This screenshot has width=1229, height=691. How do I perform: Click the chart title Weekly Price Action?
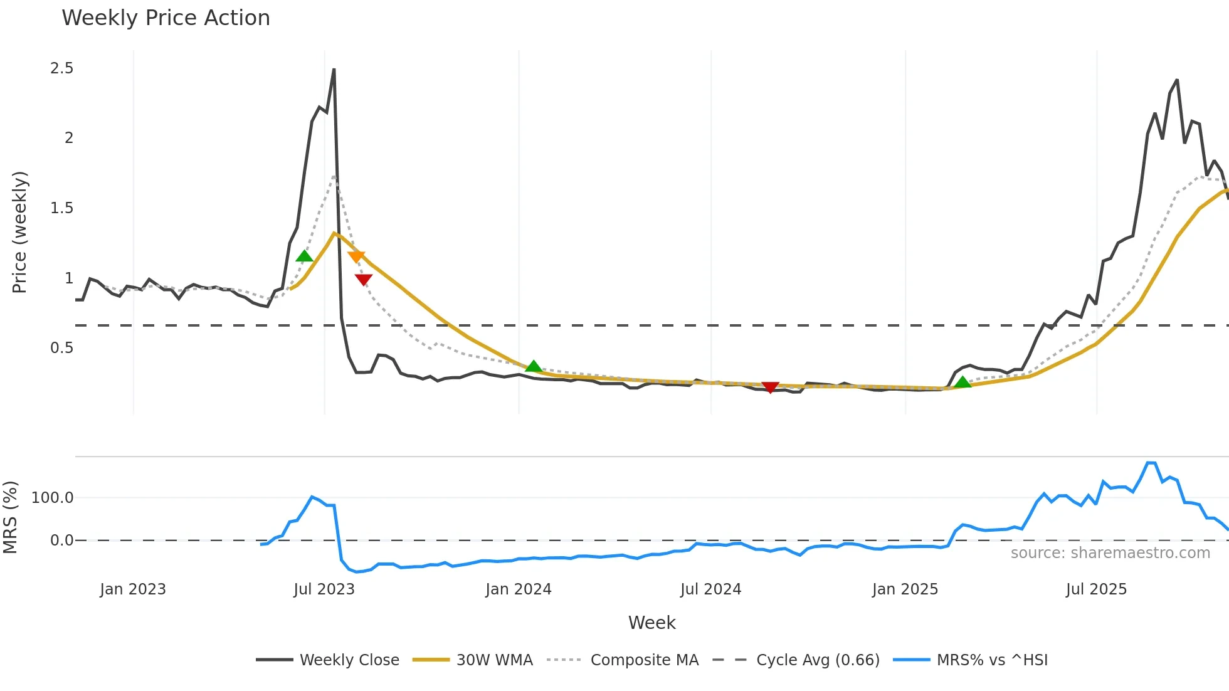click(x=166, y=18)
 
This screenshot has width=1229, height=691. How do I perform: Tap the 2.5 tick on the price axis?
click(x=61, y=68)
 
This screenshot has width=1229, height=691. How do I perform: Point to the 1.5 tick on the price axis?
click(x=61, y=208)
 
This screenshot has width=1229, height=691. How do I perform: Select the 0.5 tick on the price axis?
click(x=61, y=348)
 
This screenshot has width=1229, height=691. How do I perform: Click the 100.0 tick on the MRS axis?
click(x=52, y=498)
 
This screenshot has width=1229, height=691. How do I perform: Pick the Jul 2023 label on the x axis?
click(x=324, y=589)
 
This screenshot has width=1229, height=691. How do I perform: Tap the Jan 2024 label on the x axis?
click(x=518, y=589)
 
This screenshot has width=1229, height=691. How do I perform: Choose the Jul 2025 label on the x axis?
click(x=1096, y=589)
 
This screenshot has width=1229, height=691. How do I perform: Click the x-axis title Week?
click(x=651, y=623)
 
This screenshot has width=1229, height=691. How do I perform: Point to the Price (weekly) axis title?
click(x=19, y=232)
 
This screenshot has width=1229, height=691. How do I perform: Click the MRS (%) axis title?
click(x=10, y=517)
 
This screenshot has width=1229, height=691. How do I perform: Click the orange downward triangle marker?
click(x=356, y=256)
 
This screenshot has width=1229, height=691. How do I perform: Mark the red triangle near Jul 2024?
click(x=770, y=387)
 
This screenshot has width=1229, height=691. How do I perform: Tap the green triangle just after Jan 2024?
click(x=534, y=366)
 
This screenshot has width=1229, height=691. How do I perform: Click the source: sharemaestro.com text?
click(x=1110, y=553)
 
